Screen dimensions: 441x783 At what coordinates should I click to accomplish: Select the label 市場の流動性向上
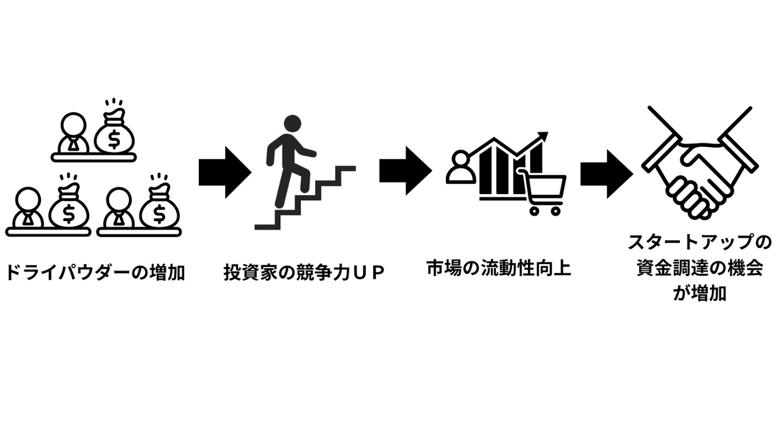coord(499,268)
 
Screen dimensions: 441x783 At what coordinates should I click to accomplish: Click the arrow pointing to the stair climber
coord(225,172)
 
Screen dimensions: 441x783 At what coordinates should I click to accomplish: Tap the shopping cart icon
coord(543,191)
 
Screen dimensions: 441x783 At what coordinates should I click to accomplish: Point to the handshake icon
coord(699,163)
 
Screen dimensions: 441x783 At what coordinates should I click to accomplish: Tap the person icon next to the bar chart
coord(461,167)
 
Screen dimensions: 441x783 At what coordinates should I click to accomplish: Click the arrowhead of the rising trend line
coord(542,137)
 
